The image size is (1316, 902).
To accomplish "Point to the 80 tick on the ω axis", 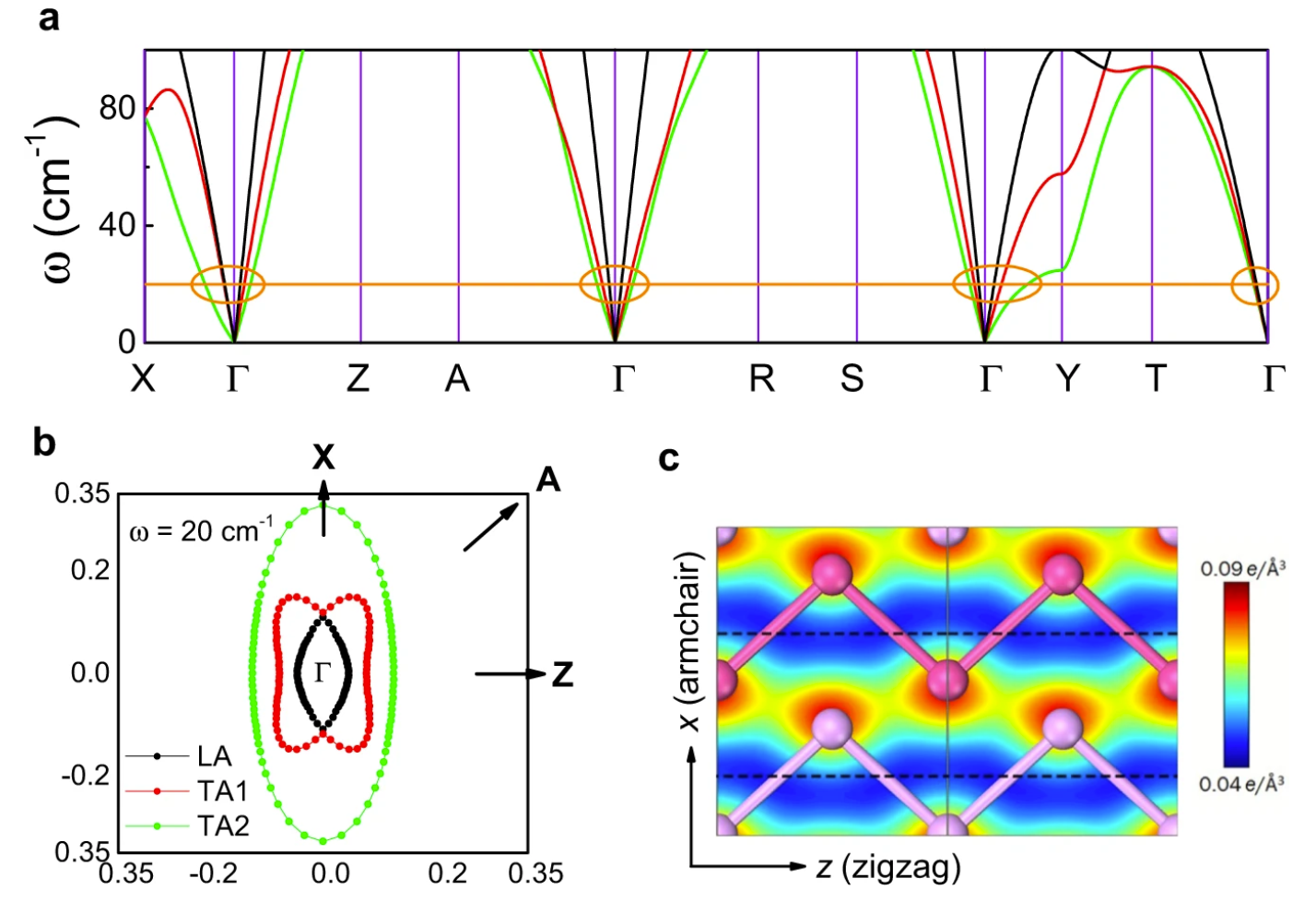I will (117, 108).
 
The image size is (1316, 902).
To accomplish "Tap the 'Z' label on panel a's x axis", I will (358, 378).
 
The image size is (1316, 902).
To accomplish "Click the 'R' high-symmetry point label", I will (761, 378).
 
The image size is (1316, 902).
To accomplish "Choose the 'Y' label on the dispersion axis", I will (1068, 378).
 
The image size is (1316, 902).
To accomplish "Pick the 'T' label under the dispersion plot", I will (1156, 378).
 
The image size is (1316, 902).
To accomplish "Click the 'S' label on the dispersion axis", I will (852, 378).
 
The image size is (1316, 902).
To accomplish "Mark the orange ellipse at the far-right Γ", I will (1255, 285).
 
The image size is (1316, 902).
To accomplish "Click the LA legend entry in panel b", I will (214, 757).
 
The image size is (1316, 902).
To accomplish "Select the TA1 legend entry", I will (222, 791).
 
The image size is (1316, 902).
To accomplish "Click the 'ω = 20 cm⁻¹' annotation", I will (201, 531).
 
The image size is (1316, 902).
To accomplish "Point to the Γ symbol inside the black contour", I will (322, 673).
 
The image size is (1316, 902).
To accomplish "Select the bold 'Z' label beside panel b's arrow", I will (562, 675).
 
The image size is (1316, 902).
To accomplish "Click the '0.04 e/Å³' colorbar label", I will (1241, 784).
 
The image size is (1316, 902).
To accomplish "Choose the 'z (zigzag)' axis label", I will (888, 867).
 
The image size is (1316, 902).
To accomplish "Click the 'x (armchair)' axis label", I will (689, 642).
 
